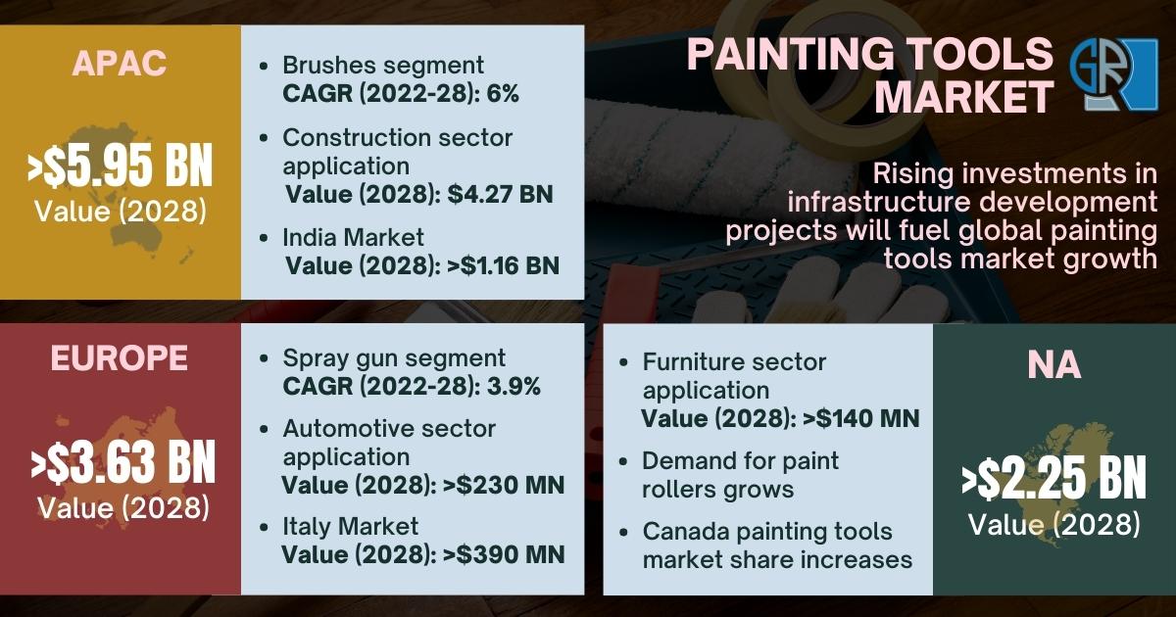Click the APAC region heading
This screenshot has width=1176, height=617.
click(x=120, y=64)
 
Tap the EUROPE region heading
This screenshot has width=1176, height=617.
click(x=120, y=358)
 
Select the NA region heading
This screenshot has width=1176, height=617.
click(x=1054, y=364)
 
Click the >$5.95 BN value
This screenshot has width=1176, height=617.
click(x=121, y=166)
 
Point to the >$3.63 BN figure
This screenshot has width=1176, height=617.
click(x=122, y=461)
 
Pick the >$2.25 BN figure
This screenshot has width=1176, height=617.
click(x=1054, y=478)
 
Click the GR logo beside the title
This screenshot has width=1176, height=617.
click(x=1113, y=74)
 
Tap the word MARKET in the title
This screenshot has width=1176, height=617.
click(x=964, y=97)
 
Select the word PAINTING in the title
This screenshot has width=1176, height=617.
click(x=791, y=54)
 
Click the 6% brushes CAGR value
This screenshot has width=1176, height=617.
click(x=503, y=94)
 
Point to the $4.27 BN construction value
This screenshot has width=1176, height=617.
click(x=501, y=194)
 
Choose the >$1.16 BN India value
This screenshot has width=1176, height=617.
click(x=503, y=265)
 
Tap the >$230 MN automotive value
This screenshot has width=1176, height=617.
click(x=504, y=486)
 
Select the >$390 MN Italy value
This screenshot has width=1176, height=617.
click(x=504, y=555)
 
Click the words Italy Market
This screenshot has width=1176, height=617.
click(x=351, y=526)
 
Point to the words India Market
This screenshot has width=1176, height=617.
click(x=354, y=237)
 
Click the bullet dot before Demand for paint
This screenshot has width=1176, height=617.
click(x=623, y=461)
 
